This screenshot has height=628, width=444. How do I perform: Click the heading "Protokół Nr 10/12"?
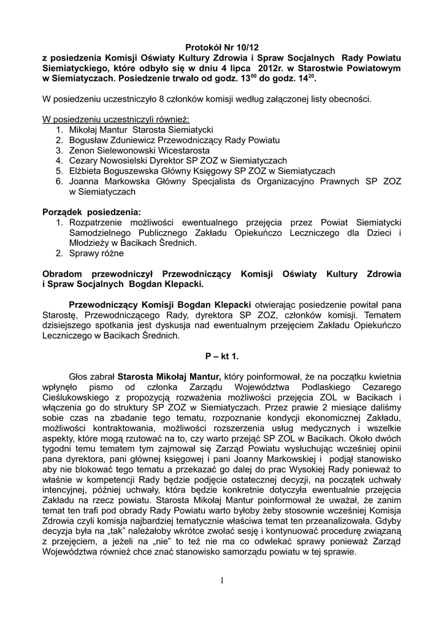(221, 47)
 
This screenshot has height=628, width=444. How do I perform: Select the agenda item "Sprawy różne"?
(96, 253)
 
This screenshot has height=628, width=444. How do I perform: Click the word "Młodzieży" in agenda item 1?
(90, 243)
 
